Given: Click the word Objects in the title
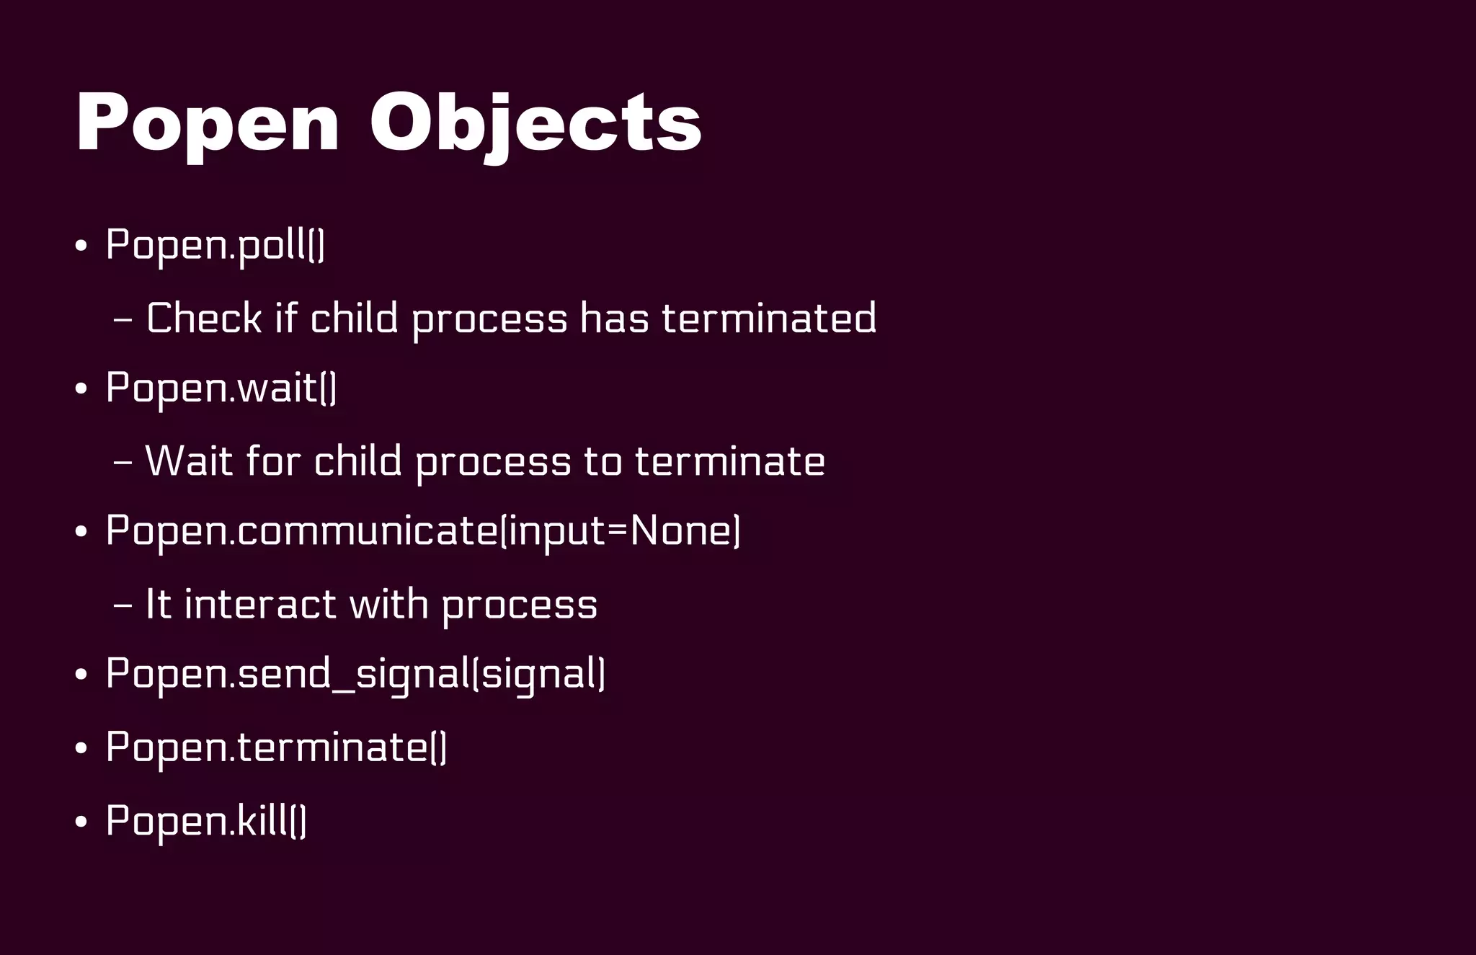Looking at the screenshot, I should [x=535, y=124].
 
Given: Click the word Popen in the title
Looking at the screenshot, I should [x=208, y=124].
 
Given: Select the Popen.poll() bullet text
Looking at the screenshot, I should [x=215, y=246].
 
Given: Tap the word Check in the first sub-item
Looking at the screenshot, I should [x=203, y=318].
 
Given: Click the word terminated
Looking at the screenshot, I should [x=769, y=318].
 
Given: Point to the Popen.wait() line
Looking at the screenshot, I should [x=221, y=388].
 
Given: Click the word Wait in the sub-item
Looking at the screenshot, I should [x=189, y=461].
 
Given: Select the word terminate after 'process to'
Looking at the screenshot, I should [x=729, y=461].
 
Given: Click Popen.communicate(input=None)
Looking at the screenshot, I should [x=422, y=531].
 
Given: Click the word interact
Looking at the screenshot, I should [x=260, y=603].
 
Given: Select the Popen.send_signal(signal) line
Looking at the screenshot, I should [x=355, y=674].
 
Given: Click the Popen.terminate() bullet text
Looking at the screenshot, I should [x=276, y=747].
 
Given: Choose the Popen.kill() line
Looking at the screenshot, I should [x=206, y=821].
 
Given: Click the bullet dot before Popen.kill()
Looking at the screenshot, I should [x=81, y=822].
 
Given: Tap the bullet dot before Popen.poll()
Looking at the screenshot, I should [x=81, y=246].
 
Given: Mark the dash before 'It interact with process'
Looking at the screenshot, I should [x=123, y=605].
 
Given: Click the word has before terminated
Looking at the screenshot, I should [x=614, y=318].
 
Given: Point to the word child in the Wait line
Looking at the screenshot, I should [x=357, y=461].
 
